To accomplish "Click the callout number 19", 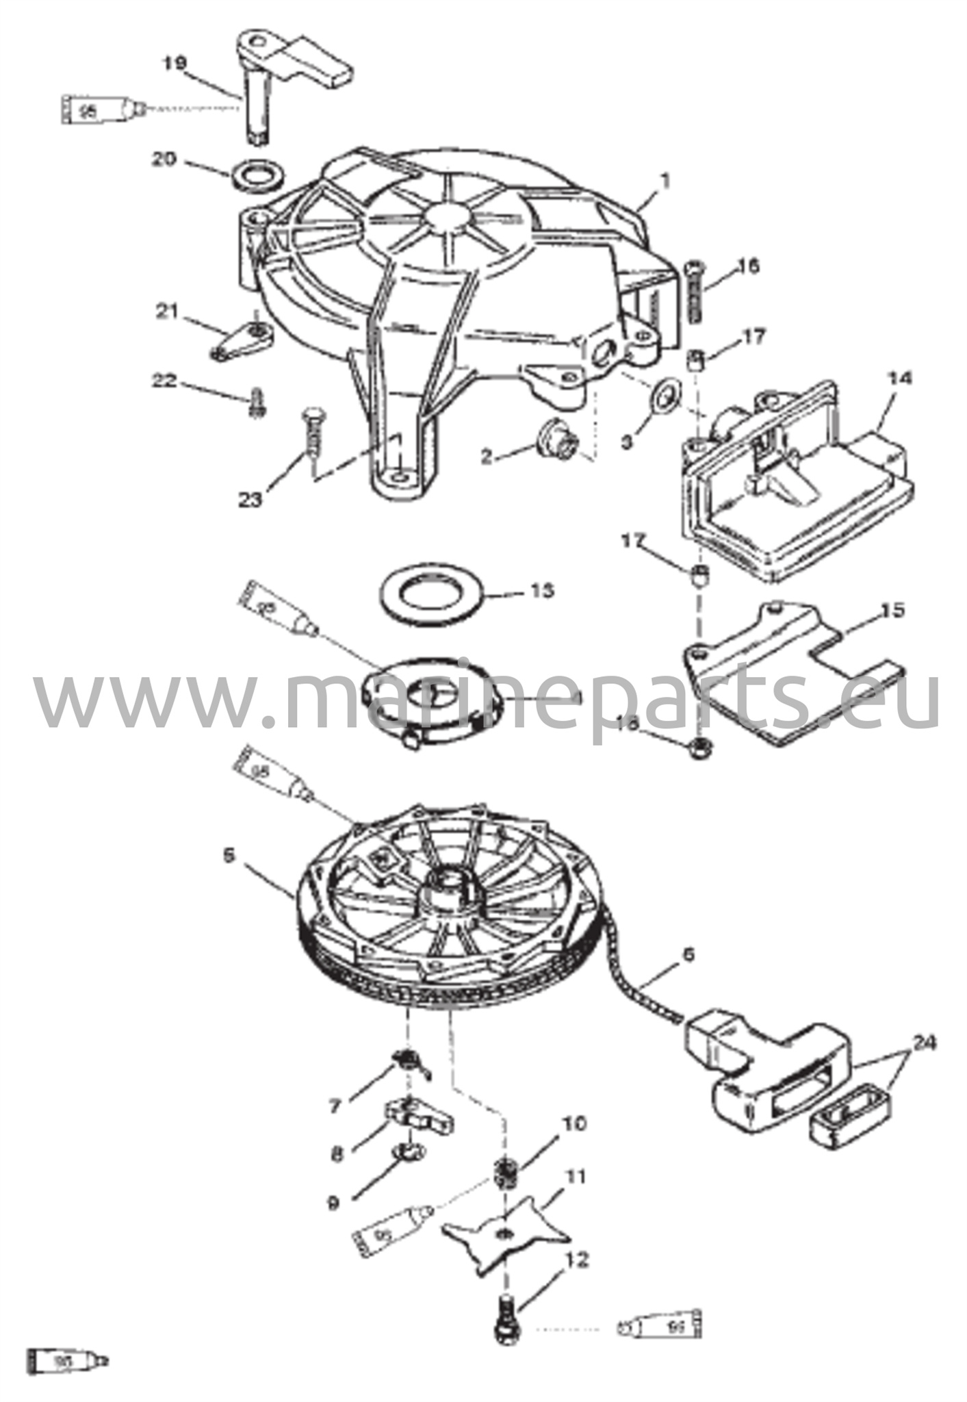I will click(175, 63).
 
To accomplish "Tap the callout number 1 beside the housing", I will click(665, 181).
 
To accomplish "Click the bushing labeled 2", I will click(556, 437).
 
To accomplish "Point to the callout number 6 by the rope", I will click(688, 954).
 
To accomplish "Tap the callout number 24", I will click(922, 1043).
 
